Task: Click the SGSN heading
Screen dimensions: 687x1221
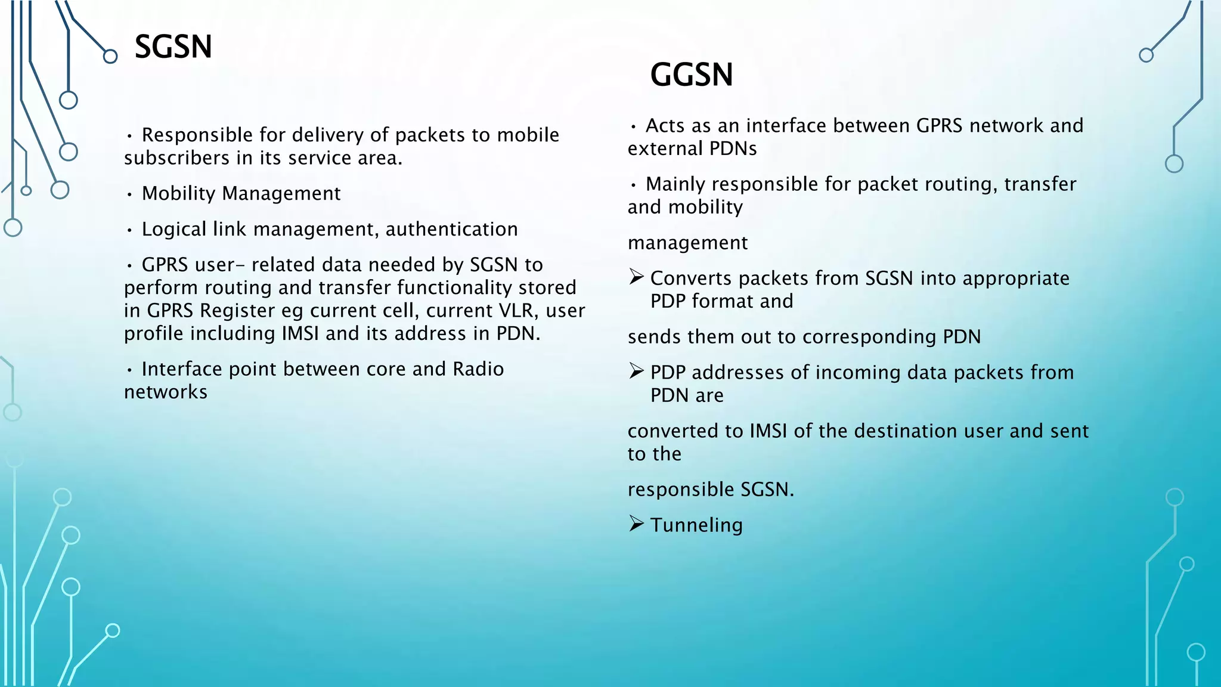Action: (173, 47)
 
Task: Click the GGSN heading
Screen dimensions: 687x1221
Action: (691, 75)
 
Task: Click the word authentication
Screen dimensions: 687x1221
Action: (451, 230)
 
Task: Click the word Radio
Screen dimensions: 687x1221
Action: (478, 369)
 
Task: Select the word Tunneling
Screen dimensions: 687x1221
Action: (696, 525)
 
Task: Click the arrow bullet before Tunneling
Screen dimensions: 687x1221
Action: (636, 524)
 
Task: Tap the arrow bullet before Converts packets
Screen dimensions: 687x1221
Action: (636, 277)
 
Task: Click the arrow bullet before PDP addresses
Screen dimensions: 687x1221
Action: (636, 372)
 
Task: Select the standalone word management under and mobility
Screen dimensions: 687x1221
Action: (687, 243)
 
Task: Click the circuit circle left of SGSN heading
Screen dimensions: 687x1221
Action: (110, 57)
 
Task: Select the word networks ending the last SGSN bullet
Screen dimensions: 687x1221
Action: (166, 392)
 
